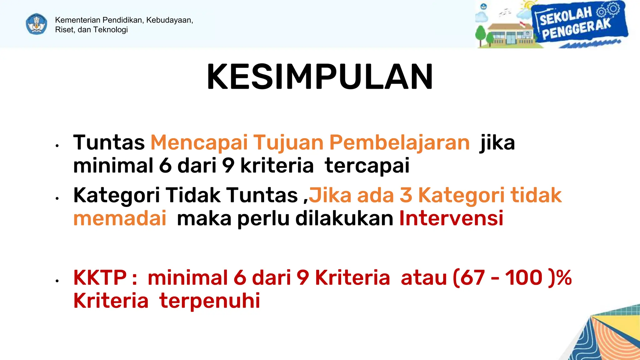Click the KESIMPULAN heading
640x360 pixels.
pyautogui.click(x=320, y=77)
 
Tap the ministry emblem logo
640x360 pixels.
pyautogui.click(x=37, y=24)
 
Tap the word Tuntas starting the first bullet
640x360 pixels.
pyautogui.click(x=109, y=142)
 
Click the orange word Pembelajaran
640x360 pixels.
pyautogui.click(x=399, y=142)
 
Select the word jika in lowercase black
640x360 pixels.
pyautogui.click(x=497, y=142)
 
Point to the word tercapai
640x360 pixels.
pyautogui.click(x=367, y=165)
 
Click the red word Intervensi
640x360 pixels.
pyautogui.click(x=451, y=218)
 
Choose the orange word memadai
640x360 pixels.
pyautogui.click(x=120, y=218)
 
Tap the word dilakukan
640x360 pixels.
pyautogui.click(x=344, y=218)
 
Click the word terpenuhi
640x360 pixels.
pyautogui.click(x=209, y=301)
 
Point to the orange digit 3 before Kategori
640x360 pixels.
pyautogui.click(x=406, y=195)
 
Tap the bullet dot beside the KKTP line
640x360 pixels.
pyautogui.click(x=57, y=281)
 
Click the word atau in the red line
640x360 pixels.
pyautogui.click(x=423, y=277)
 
